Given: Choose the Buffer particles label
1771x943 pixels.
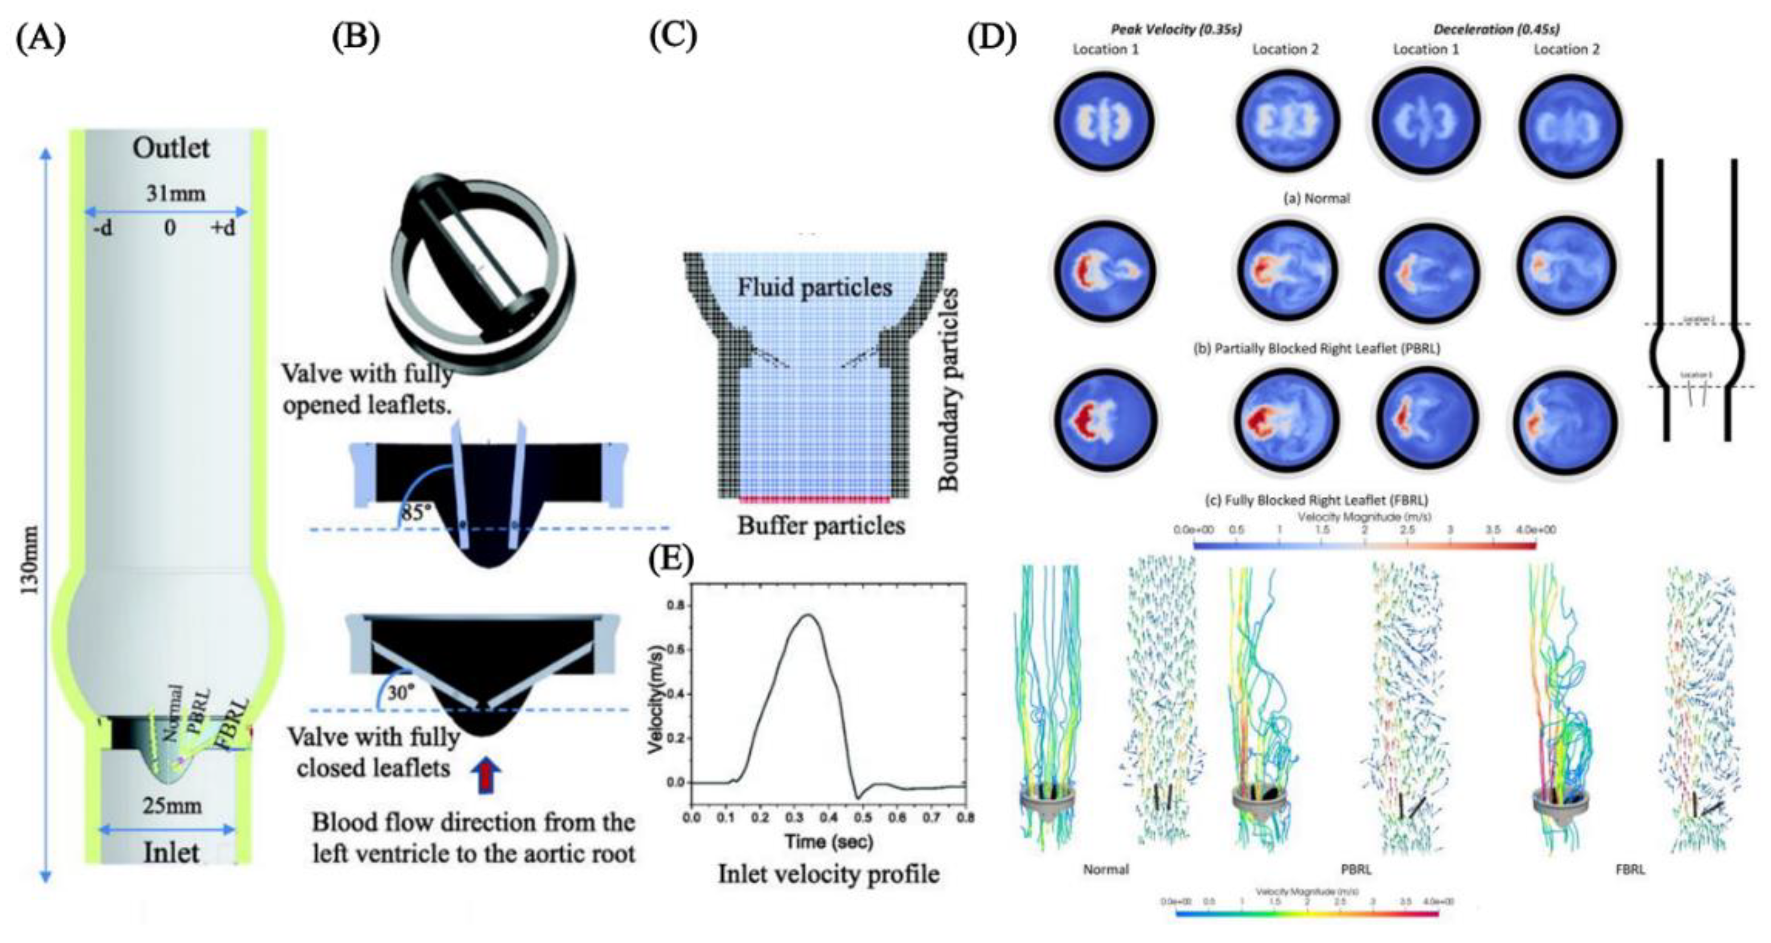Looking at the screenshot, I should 821,525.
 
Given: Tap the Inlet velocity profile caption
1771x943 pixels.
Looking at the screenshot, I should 829,874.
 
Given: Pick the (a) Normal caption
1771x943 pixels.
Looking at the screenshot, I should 1316,199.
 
